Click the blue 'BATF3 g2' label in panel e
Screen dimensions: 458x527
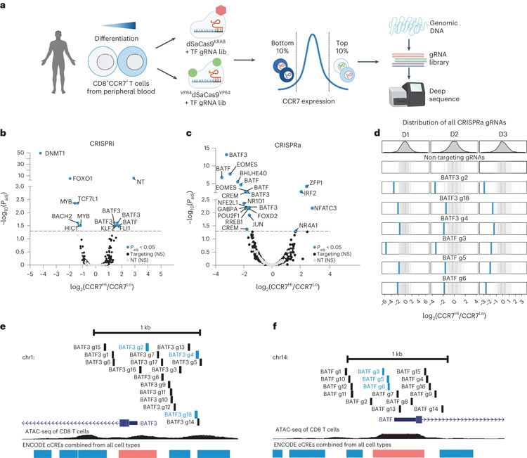click(x=131, y=347)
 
